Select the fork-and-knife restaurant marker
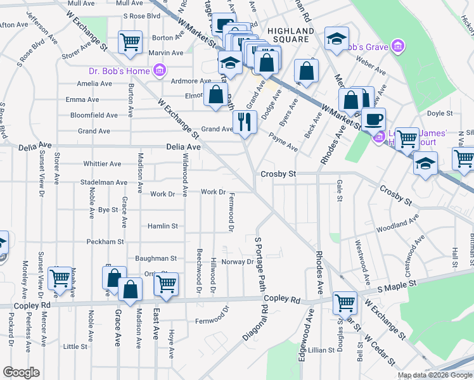click(245, 121)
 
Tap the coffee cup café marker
click(373, 118)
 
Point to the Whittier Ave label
click(102, 163)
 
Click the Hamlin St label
click(163, 225)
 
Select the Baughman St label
click(156, 258)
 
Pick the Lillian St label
click(321, 350)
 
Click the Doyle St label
click(440, 114)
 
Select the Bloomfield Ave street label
click(94, 115)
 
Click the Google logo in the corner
click(21, 372)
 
